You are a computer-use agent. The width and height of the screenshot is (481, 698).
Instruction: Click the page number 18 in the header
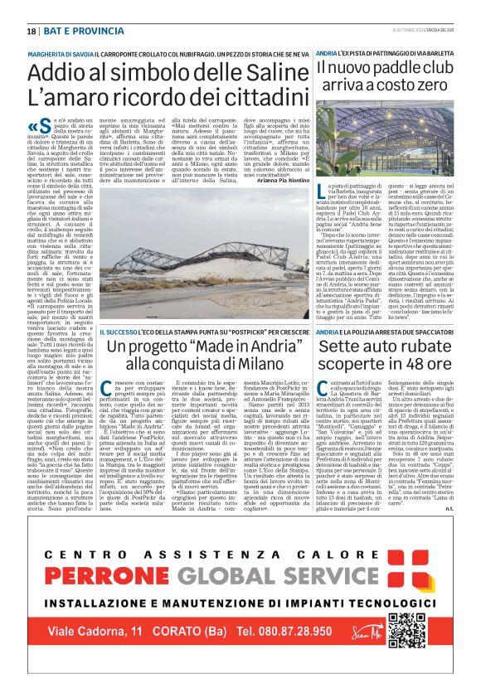pyautogui.click(x=32, y=31)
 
